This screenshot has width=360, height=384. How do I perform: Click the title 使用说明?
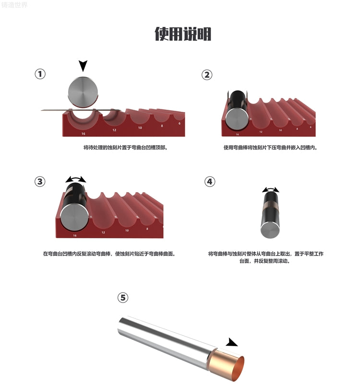point(183,34)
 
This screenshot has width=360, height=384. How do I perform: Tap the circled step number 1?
point(40,74)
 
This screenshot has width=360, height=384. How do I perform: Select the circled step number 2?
point(207,75)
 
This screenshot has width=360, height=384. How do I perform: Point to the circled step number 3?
point(40,182)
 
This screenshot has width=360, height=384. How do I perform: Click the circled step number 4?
point(210,182)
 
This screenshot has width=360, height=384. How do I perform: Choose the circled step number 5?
point(123,298)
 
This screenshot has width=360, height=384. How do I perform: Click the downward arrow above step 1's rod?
point(83,66)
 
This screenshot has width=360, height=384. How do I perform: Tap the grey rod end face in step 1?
point(83,92)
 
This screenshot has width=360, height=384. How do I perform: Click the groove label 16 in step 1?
point(84,134)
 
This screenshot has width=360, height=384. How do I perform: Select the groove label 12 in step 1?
point(114,130)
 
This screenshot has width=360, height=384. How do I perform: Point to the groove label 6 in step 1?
point(180,123)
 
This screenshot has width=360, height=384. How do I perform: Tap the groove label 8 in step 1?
point(162,126)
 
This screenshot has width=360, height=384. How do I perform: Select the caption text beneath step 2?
point(270,148)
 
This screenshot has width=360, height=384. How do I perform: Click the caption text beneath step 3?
point(109,254)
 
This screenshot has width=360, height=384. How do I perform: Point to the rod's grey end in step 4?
point(270,230)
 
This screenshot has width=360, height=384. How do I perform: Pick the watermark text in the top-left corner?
point(14,5)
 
